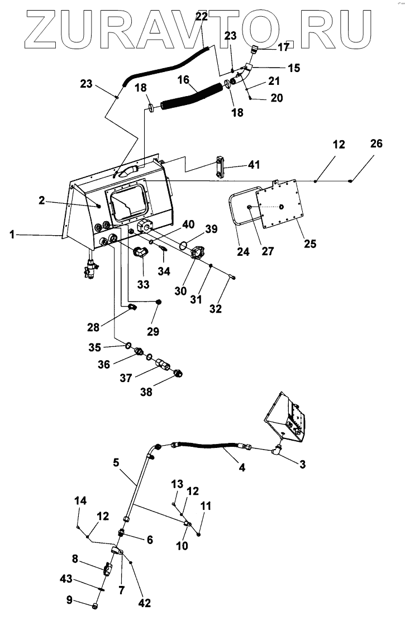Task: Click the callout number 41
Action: (x=254, y=165)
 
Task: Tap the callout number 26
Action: (x=377, y=144)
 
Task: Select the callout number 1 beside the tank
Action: (x=12, y=235)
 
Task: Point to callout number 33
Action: (x=143, y=284)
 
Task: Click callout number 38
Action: (x=146, y=392)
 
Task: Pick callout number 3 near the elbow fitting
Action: (x=303, y=464)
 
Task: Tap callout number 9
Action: (x=69, y=599)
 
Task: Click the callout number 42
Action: (x=145, y=603)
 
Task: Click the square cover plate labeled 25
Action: (x=279, y=204)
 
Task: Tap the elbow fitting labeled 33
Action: (x=140, y=252)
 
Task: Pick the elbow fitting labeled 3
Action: (x=277, y=450)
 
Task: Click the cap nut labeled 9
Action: (x=96, y=606)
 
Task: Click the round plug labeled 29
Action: (x=159, y=302)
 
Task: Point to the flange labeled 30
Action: (x=197, y=253)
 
